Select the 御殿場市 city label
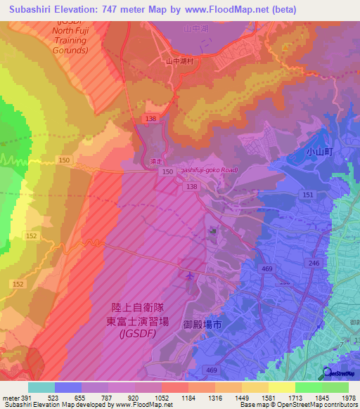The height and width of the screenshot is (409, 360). [202, 325]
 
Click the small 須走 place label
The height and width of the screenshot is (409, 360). [155, 160]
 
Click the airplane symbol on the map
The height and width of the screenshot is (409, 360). [189, 275]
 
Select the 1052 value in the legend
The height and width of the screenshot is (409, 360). [161, 398]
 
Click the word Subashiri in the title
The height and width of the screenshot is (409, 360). [31, 9]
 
